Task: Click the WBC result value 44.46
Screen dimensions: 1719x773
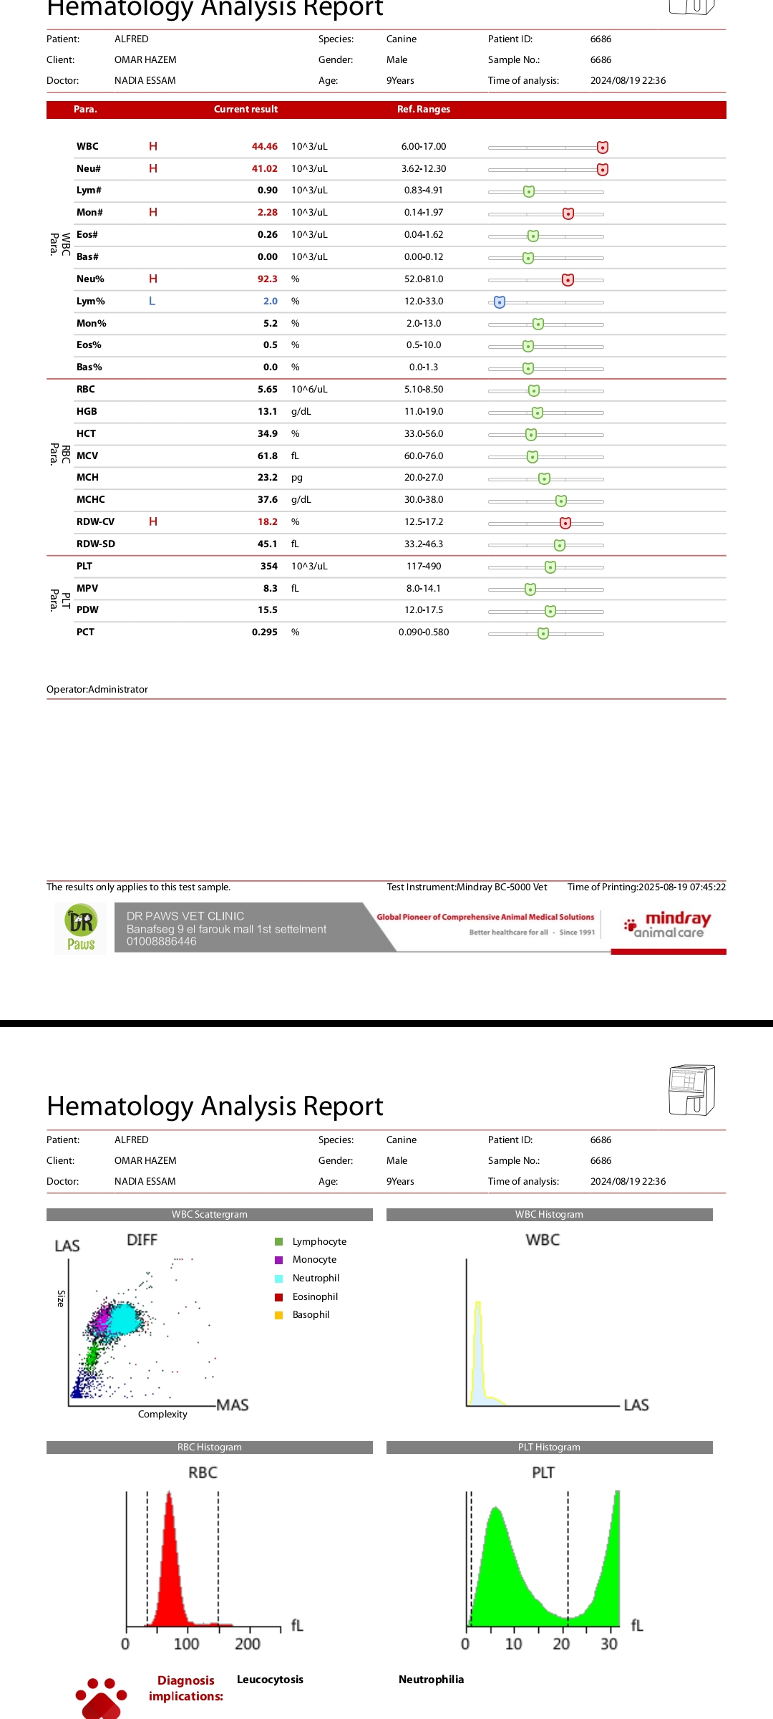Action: pos(264,147)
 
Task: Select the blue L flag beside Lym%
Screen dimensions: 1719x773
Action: pos(152,302)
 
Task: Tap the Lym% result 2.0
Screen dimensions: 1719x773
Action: pos(270,302)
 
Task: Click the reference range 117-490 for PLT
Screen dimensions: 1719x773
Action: pos(424,567)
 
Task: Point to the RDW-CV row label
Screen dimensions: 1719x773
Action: pos(95,522)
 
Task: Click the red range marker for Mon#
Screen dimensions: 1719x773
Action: pos(568,213)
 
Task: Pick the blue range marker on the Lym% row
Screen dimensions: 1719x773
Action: pos(500,302)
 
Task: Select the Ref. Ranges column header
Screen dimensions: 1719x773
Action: pos(424,110)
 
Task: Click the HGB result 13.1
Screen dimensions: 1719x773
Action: pos(267,412)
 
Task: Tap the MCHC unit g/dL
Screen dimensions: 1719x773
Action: pos(301,500)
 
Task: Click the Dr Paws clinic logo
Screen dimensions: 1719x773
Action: pos(81,928)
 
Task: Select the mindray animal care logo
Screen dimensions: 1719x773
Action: pos(668,925)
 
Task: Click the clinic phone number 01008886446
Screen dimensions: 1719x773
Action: pos(162,942)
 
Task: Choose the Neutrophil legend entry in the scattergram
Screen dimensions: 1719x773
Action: pos(316,1279)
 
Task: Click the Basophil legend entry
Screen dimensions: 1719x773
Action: pos(311,1315)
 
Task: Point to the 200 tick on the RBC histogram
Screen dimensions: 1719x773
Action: pos(248,1644)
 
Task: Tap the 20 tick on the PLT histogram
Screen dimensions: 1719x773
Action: pos(561,1644)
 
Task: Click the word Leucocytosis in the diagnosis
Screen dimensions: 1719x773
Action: pos(270,1680)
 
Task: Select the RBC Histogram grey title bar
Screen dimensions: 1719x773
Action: pos(210,1448)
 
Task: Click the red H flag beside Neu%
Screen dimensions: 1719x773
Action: pos(153,279)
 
